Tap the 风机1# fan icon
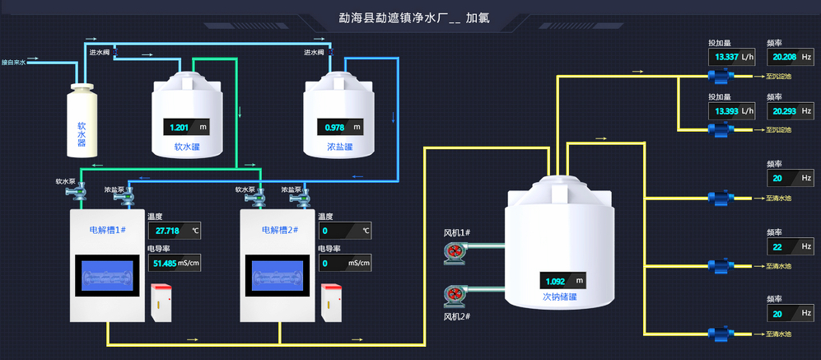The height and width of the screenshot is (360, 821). click(455, 252)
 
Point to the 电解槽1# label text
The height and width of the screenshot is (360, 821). click(107, 230)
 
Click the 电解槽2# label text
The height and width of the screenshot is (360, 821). click(279, 230)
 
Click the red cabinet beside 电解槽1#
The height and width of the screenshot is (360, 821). click(160, 302)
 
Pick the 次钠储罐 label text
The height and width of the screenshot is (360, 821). click(559, 297)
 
